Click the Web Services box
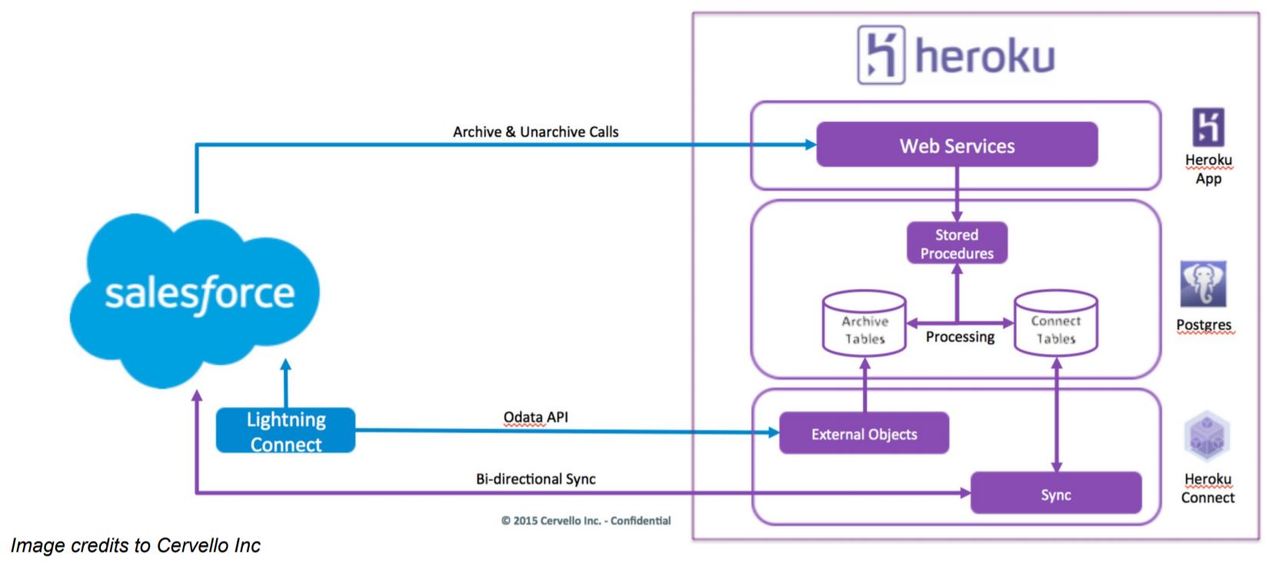pyautogui.click(x=956, y=145)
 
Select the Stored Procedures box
pyautogui.click(x=956, y=243)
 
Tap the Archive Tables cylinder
pyautogui.click(x=864, y=324)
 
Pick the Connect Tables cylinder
pyautogui.click(x=1055, y=324)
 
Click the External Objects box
pyautogui.click(x=863, y=434)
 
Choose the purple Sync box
pyautogui.click(x=1055, y=494)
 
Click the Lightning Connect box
pyautogui.click(x=285, y=431)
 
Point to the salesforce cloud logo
pyautogui.click(x=197, y=296)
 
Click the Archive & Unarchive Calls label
pyautogui.click(x=535, y=132)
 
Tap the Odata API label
pyautogui.click(x=535, y=417)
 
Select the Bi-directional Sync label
pyautogui.click(x=535, y=479)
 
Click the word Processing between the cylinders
pyautogui.click(x=960, y=337)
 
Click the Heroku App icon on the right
pyautogui.click(x=1207, y=128)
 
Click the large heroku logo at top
pyautogui.click(x=956, y=55)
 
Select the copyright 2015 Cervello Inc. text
pyautogui.click(x=586, y=521)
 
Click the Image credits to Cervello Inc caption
pyautogui.click(x=135, y=546)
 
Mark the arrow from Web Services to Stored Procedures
pyautogui.click(x=956, y=194)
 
